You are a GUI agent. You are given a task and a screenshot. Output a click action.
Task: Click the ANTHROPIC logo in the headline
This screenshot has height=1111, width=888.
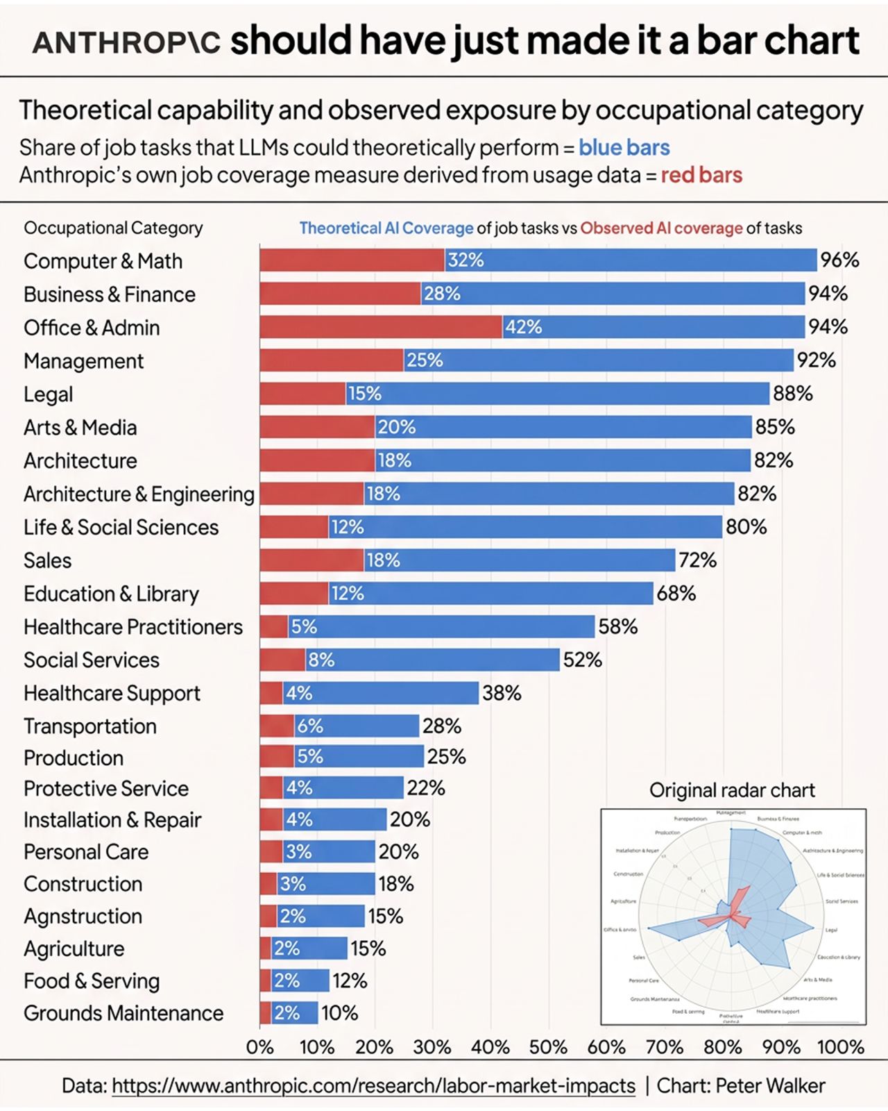pyautogui.click(x=126, y=43)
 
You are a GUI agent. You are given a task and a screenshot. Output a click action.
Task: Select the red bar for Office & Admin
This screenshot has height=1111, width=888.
pyautogui.click(x=381, y=327)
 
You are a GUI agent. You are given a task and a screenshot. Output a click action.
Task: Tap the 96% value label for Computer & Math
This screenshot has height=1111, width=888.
pyautogui.click(x=839, y=260)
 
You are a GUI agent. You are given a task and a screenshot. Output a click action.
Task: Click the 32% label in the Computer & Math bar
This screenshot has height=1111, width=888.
pyautogui.click(x=466, y=260)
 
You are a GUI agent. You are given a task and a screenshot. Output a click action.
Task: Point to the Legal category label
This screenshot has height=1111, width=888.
pyautogui.click(x=48, y=394)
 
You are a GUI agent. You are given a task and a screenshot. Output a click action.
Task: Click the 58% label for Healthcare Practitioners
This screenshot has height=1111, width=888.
pyautogui.click(x=617, y=627)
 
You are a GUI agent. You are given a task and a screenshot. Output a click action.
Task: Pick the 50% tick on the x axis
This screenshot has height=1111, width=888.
pyautogui.click(x=548, y=1047)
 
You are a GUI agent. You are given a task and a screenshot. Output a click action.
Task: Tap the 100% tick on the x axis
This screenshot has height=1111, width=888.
pyautogui.click(x=840, y=1047)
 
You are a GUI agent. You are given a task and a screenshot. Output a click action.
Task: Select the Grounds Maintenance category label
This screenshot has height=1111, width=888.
pyautogui.click(x=123, y=1014)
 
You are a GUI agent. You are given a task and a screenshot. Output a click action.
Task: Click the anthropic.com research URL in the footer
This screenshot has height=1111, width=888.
pyautogui.click(x=373, y=1086)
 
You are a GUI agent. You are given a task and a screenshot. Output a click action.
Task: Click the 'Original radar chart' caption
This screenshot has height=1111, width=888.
pyautogui.click(x=732, y=790)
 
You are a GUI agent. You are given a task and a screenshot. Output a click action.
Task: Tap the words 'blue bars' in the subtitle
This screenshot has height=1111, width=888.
pyautogui.click(x=624, y=148)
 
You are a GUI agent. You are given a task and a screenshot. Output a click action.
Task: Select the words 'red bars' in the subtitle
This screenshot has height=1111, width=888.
pyautogui.click(x=701, y=175)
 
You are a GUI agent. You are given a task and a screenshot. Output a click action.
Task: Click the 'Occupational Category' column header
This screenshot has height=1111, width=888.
pyautogui.click(x=113, y=228)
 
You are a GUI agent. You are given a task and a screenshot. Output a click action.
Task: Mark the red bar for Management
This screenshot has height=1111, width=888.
pyautogui.click(x=332, y=360)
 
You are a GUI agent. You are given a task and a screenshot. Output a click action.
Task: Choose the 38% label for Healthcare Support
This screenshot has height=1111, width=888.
pyautogui.click(x=502, y=693)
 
